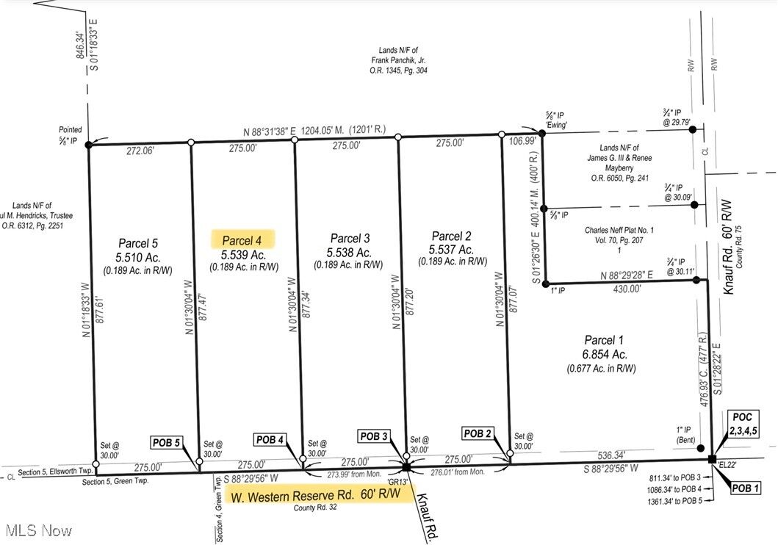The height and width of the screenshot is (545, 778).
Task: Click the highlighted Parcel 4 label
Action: coord(242,240)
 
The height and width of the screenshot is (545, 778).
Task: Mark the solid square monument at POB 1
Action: coord(711,460)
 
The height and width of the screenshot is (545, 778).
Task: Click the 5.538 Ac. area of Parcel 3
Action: coord(350,253)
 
